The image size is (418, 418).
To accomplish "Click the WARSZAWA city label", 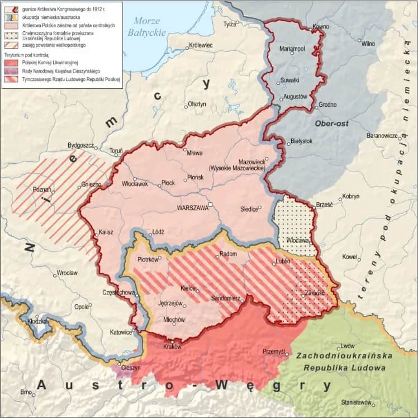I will point(192,207).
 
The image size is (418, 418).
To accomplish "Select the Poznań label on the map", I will point(42,189).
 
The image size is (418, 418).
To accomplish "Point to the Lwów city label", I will point(348,346).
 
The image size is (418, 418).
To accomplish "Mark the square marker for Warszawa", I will point(211,204).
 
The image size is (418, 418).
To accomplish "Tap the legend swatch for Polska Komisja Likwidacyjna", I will point(11,64).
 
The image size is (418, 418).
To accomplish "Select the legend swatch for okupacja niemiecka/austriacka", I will point(11,18).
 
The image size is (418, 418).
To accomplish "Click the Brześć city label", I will point(325,205).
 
